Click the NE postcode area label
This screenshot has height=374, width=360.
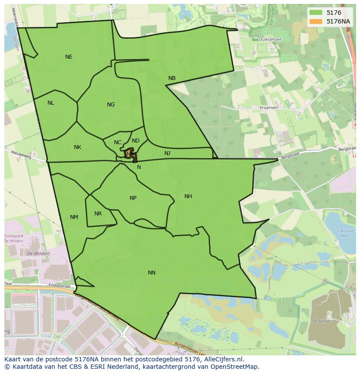click(69, 57)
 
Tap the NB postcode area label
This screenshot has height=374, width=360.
click(172, 78)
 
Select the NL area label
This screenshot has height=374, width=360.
click(51, 103)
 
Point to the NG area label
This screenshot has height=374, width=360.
click(111, 105)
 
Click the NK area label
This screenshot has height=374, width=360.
click(77, 147)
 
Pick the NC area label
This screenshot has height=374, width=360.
click(118, 142)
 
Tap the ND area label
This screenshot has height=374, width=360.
click(136, 141)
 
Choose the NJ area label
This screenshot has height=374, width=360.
click(167, 153)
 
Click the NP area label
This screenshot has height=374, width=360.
click(133, 198)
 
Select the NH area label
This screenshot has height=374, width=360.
click(188, 196)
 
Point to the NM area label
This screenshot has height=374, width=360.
click(74, 217)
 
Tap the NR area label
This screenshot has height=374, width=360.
click(98, 214)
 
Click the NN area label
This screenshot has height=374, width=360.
click(151, 273)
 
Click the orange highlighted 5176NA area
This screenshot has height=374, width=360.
click(130, 154)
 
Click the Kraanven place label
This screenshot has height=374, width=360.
click(268, 107)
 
